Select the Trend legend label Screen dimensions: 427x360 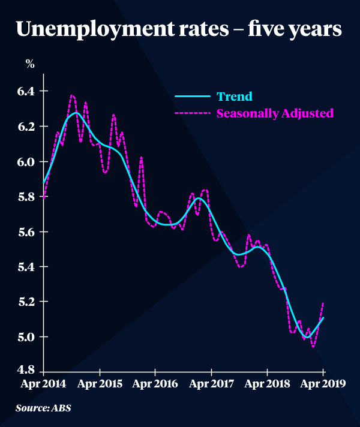[234, 96]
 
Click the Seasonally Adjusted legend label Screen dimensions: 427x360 [275, 113]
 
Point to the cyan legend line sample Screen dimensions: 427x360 [193, 96]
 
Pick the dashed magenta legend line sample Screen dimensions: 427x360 [193, 113]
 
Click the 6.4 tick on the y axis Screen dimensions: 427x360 [29, 91]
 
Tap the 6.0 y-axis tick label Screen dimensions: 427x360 [29, 161]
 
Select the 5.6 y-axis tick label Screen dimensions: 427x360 [29, 231]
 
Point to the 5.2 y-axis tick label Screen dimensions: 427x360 [29, 302]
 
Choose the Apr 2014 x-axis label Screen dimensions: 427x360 [43, 384]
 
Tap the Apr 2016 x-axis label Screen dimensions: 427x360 [155, 384]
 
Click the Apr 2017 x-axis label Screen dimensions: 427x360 [211, 384]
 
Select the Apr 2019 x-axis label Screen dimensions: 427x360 [323, 384]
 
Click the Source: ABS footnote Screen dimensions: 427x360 [47, 410]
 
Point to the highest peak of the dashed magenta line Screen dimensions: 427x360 [72, 95]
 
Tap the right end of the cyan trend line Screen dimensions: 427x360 [323, 318]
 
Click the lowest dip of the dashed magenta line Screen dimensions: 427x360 [313, 346]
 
